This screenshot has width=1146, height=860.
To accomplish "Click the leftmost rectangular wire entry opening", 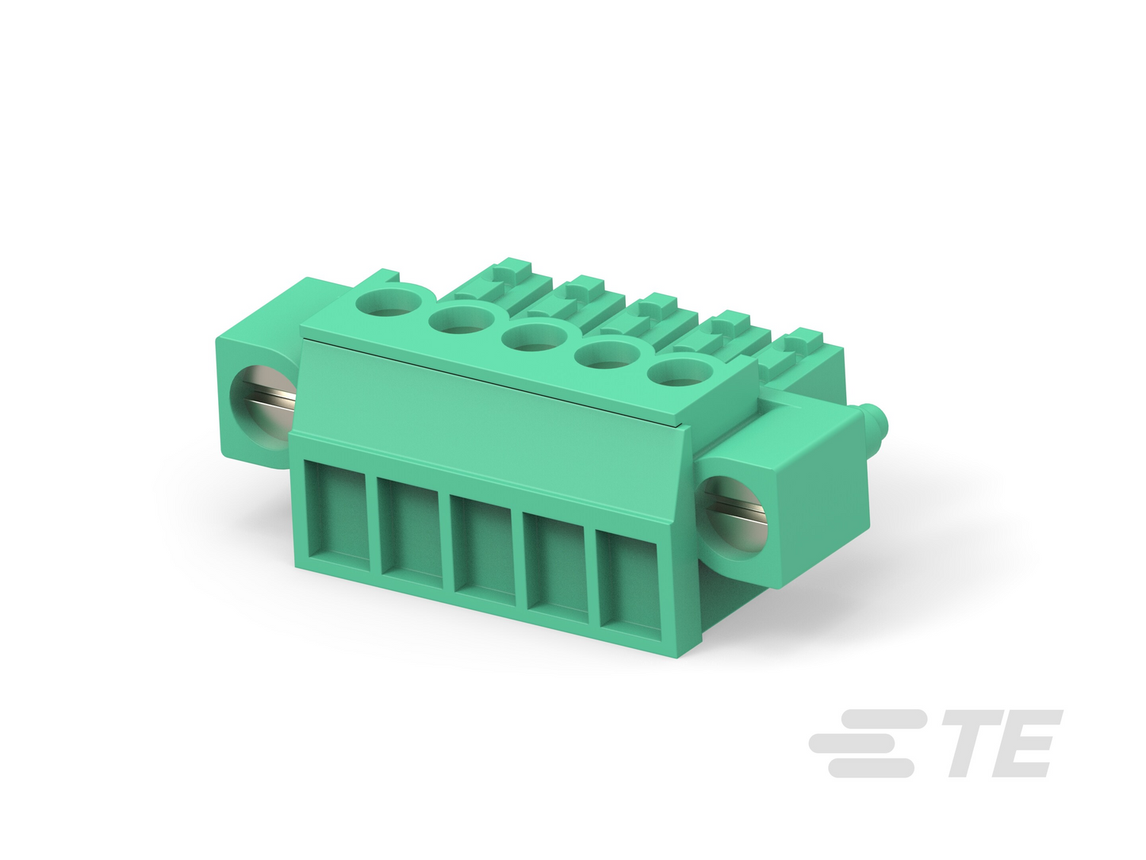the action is coord(337,515).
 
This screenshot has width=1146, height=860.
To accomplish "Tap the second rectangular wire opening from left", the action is coord(411,534).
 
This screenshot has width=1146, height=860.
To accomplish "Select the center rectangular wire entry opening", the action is coord(484,551).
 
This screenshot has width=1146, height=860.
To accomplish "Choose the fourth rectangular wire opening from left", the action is coord(557,569).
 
